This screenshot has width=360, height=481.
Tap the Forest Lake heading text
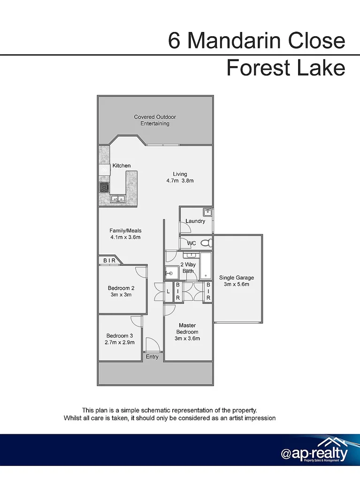pyautogui.click(x=285, y=68)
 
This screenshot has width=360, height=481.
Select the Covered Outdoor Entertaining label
pyautogui.click(x=155, y=120)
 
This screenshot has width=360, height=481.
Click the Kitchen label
pyautogui.click(x=121, y=166)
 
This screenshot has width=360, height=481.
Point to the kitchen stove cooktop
pyautogui.click(x=104, y=187)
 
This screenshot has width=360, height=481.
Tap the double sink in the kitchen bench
pyautogui.click(x=117, y=199)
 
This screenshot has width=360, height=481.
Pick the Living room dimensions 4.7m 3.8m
pyautogui.click(x=180, y=181)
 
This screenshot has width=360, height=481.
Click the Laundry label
pyautogui.click(x=195, y=221)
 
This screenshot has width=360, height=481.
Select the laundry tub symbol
pyautogui.click(x=207, y=212)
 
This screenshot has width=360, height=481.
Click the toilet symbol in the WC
pyautogui.click(x=205, y=243)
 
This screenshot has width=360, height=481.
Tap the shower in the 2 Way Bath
pyautogui.click(x=170, y=272)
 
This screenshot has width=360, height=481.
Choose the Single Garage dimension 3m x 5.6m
pyautogui.click(x=237, y=284)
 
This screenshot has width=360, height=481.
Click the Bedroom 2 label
pyautogui.click(x=121, y=288)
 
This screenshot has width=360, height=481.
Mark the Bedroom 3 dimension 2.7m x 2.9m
pyautogui.click(x=120, y=342)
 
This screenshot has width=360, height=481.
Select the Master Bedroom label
pyautogui.click(x=187, y=328)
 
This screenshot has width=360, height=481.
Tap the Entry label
pyautogui.click(x=152, y=357)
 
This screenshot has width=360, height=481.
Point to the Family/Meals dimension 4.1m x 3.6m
pyautogui.click(x=125, y=237)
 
